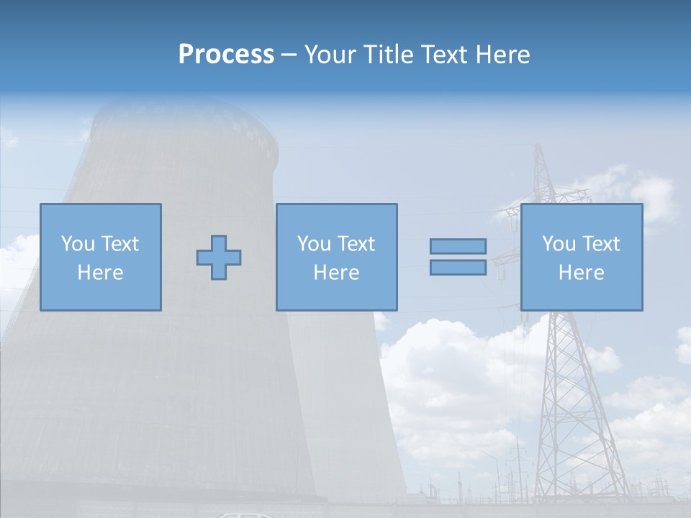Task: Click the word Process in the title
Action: (x=226, y=55)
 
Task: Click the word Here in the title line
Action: (x=503, y=55)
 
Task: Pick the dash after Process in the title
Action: (x=289, y=55)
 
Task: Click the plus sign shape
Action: (x=219, y=258)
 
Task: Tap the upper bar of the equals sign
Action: (x=458, y=247)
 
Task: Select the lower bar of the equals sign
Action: (x=458, y=267)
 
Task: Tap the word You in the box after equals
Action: (x=559, y=244)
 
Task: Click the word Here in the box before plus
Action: (x=100, y=273)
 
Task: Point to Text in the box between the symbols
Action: (x=358, y=244)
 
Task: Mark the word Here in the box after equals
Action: (x=581, y=273)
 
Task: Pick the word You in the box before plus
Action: (x=78, y=244)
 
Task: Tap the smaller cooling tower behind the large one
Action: (x=338, y=403)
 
